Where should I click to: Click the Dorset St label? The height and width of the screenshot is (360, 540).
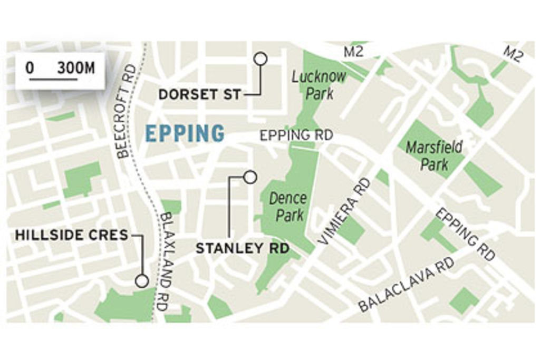(199, 95)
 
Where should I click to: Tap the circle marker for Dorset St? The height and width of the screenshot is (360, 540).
(260, 59)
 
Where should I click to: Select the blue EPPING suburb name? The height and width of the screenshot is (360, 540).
(185, 133)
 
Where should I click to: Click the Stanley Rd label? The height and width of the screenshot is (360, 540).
(243, 248)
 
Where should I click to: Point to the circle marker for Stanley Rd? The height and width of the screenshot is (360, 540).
(250, 177)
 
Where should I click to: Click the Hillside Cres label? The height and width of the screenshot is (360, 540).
(72, 235)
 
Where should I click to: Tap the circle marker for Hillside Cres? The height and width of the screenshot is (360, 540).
(141, 281)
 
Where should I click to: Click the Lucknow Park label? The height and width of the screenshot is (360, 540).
(319, 85)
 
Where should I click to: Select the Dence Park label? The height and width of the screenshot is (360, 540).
(288, 207)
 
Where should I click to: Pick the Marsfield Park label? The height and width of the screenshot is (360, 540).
(435, 155)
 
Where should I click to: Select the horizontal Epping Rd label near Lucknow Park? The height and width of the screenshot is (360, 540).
(296, 135)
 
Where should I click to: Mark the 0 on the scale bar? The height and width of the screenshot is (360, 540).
(30, 68)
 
